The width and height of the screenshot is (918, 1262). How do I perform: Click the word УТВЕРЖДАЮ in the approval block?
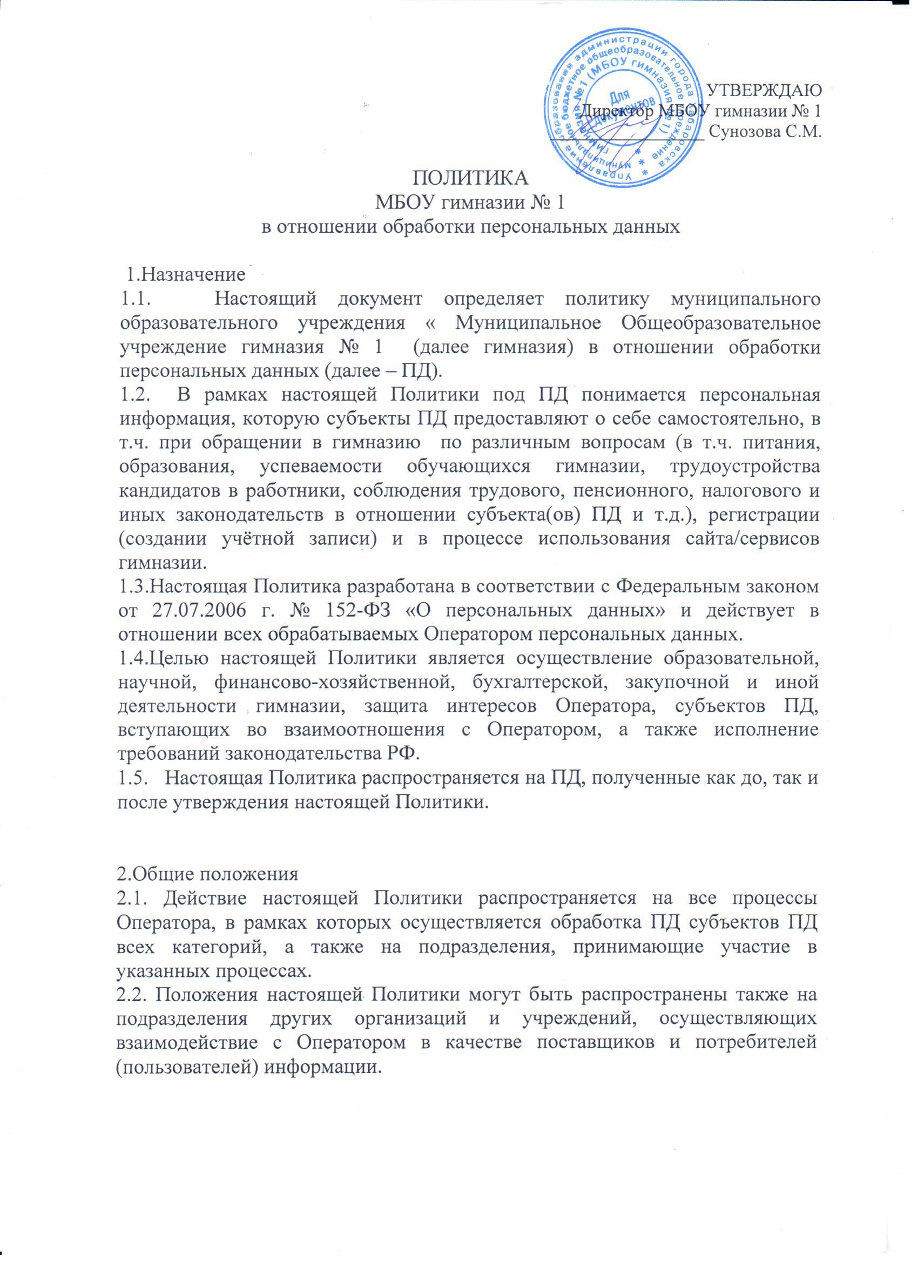tap(766, 90)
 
